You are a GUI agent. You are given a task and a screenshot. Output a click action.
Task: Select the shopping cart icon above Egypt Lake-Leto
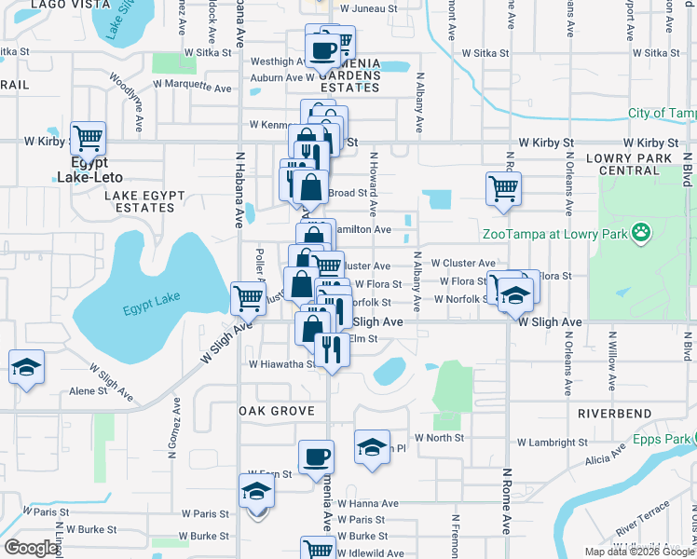[x=88, y=139]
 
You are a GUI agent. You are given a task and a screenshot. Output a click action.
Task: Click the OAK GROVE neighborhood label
[x=274, y=411]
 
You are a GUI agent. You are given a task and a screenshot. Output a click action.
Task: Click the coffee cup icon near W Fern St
[x=316, y=458]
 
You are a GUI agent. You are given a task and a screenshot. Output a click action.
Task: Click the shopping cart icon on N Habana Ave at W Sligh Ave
[x=248, y=299]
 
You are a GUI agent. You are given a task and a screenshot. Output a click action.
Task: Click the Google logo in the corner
[x=32, y=549]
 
